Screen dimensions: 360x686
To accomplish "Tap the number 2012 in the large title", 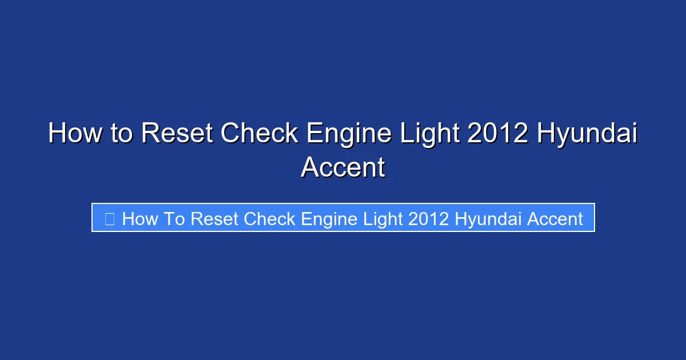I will click(497, 134).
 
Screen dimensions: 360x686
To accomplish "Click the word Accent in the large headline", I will click(343, 168).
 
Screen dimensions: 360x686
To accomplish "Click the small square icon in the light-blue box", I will click(110, 218).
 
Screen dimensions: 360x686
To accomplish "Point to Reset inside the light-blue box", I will click(215, 219).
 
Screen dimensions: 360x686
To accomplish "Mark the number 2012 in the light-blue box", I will click(429, 219).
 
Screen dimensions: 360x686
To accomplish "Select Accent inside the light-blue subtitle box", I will click(555, 219).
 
